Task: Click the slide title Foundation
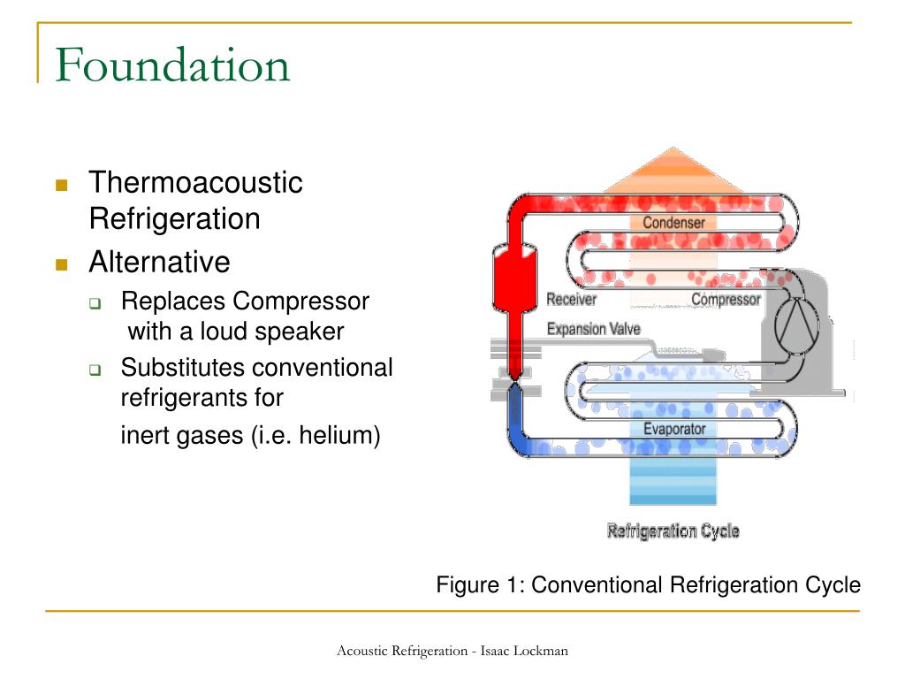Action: point(172,65)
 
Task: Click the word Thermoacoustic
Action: point(195,183)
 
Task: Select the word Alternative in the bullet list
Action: point(159,262)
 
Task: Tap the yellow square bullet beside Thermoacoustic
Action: point(61,185)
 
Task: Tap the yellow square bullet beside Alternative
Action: point(61,263)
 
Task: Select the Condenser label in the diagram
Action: point(673,222)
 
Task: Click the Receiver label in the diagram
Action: point(571,299)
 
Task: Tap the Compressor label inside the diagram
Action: point(726,299)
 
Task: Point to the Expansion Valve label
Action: point(593,329)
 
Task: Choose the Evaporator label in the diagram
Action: point(674,430)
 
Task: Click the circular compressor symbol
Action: point(798,325)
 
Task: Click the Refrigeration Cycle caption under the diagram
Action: point(673,531)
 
